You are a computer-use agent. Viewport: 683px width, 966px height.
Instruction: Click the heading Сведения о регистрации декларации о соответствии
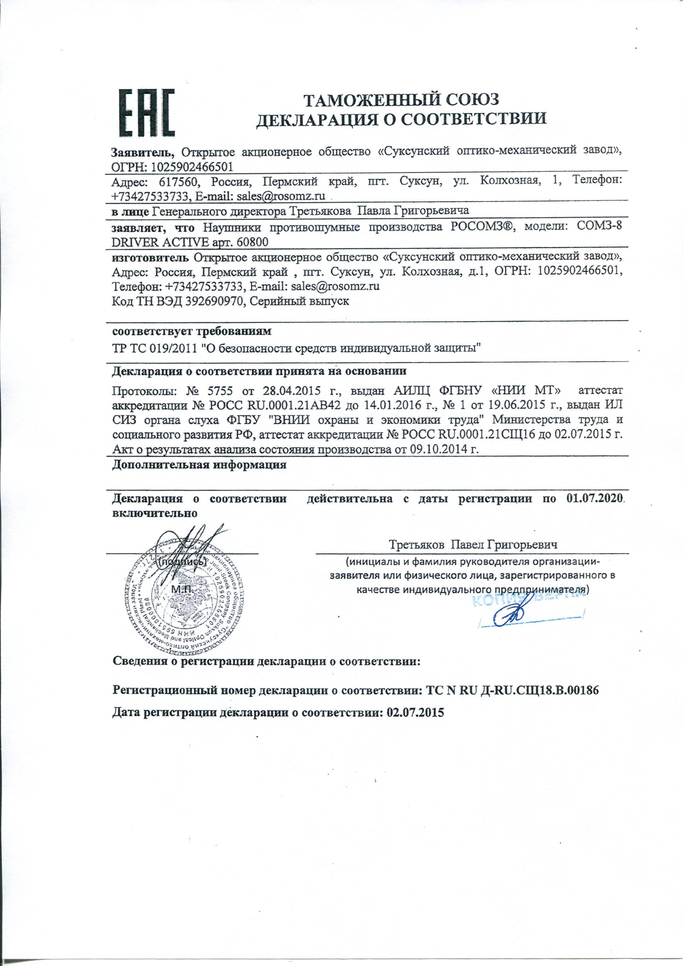coord(267,662)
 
